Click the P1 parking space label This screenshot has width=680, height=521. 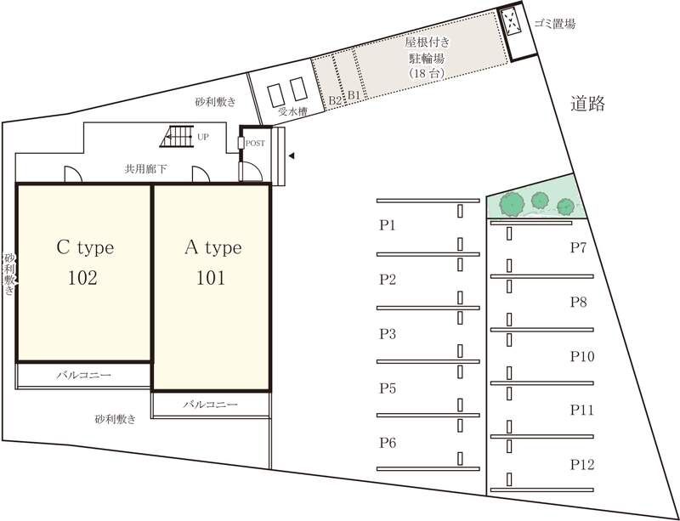pos(388,225)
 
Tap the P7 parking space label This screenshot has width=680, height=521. pos(579,247)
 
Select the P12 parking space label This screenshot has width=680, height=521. pos(582,465)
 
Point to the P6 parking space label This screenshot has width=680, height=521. pos(388,443)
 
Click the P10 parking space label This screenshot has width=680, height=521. pos(582,356)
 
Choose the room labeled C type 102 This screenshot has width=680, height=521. pos(85,263)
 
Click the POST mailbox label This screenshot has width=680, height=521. pos(255,143)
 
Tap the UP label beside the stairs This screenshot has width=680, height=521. pos(203,136)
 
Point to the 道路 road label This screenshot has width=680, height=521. pos(587,105)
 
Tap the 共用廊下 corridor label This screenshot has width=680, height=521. pos(145,169)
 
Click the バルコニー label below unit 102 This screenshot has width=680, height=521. pos(85,374)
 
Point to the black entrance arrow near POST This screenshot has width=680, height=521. pos(292,156)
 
